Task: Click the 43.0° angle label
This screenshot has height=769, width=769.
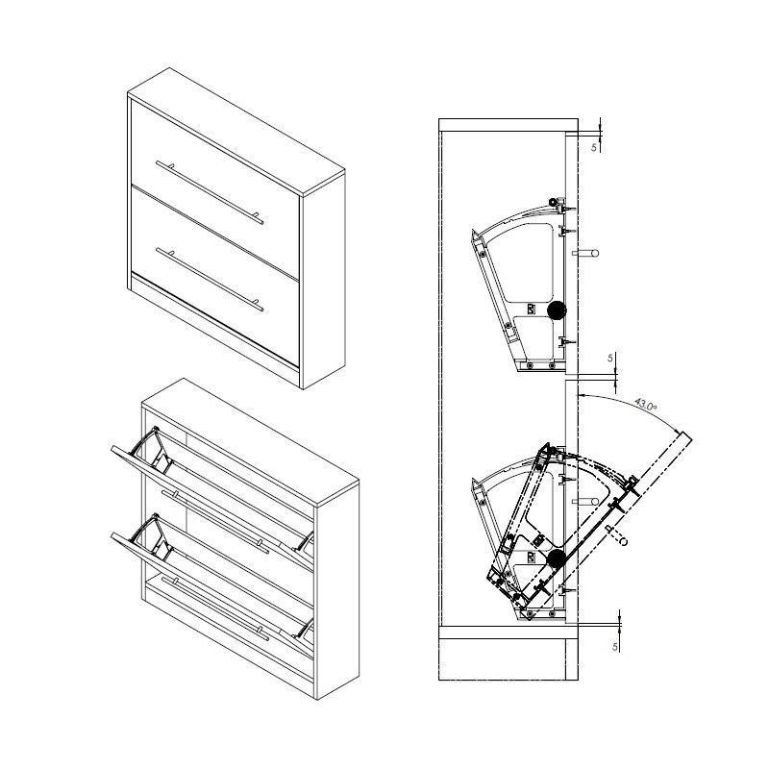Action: tap(645, 405)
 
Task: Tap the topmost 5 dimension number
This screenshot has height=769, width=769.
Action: tap(594, 147)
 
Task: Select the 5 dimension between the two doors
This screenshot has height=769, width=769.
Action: tap(610, 358)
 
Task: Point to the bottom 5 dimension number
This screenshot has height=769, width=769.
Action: tap(615, 647)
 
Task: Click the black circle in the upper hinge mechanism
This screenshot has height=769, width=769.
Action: tap(557, 310)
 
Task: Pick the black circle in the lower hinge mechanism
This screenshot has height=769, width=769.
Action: tap(557, 559)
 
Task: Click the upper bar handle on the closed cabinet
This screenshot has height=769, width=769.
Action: tap(210, 192)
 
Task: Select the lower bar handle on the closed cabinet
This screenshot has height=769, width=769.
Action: tap(210, 280)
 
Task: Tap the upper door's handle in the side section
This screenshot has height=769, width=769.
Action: tap(586, 254)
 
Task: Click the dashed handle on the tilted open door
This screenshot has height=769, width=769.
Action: tap(617, 535)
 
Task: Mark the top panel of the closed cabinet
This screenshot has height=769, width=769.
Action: tap(236, 132)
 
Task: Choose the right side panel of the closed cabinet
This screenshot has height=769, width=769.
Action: tap(324, 281)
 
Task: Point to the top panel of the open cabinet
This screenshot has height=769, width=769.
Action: tap(250, 442)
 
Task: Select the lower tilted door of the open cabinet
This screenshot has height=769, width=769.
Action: tap(211, 583)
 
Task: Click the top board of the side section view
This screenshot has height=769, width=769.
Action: tap(509, 125)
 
